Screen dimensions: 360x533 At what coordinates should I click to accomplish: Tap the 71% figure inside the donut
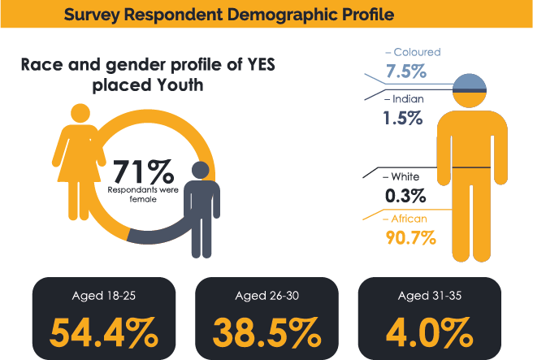tap(143, 171)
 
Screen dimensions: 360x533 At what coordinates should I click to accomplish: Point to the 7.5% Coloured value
tap(406, 72)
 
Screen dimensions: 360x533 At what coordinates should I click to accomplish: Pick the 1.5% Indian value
tap(402, 118)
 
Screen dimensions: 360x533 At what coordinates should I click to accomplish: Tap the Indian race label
tap(406, 99)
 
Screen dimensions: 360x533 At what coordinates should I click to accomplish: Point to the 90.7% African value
tap(410, 238)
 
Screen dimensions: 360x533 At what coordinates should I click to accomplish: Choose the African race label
tap(409, 219)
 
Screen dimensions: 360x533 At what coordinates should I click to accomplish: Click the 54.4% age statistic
tap(103, 332)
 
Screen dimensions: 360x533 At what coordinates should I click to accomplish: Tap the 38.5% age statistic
tap(266, 332)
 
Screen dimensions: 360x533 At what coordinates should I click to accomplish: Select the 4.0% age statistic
tap(430, 332)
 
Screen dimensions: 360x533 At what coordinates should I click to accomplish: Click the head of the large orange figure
tap(470, 89)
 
